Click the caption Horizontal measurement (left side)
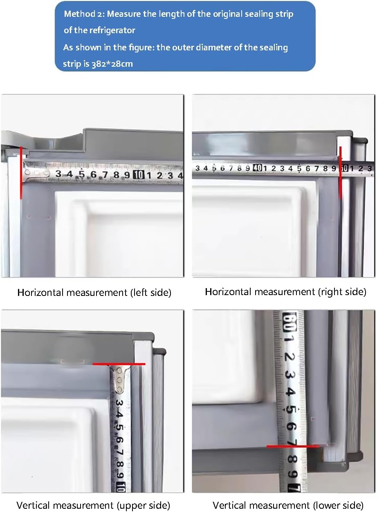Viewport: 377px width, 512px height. tap(94, 293)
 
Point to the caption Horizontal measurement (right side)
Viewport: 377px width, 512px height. tap(286, 292)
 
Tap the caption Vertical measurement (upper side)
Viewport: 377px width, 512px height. tap(93, 505)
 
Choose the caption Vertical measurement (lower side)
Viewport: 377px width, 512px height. tap(288, 505)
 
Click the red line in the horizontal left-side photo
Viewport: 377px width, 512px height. tap(21, 173)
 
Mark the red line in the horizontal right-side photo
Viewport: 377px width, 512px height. tap(341, 173)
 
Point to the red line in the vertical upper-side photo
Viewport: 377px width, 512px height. tap(119, 364)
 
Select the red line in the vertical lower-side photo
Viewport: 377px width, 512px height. tap(293, 446)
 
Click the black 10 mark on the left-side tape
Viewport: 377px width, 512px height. tap(139, 175)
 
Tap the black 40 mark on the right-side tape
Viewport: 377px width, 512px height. tap(257, 168)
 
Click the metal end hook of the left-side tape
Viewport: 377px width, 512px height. tap(36, 173)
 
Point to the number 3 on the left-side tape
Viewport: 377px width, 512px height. tap(58, 174)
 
